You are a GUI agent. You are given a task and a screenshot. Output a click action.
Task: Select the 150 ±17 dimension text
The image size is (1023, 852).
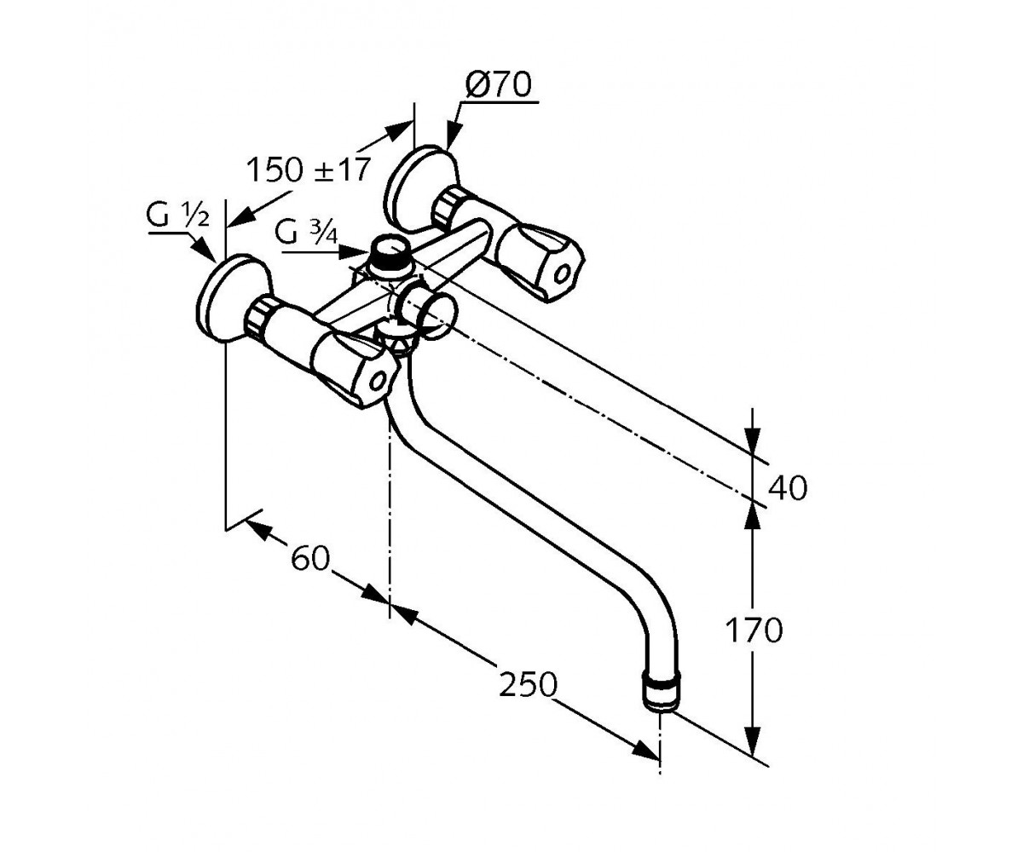click(x=307, y=170)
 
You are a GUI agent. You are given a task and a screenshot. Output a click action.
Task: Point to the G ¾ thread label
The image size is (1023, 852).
click(x=306, y=232)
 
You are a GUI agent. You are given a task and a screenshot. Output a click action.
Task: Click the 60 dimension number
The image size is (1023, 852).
click(x=310, y=558)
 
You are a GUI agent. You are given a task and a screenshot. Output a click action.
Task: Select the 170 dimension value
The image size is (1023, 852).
click(x=754, y=630)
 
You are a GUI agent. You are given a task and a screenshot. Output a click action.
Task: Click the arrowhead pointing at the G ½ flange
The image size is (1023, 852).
click(x=206, y=250)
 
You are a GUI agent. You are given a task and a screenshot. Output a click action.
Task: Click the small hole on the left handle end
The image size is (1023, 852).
click(x=379, y=381)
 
